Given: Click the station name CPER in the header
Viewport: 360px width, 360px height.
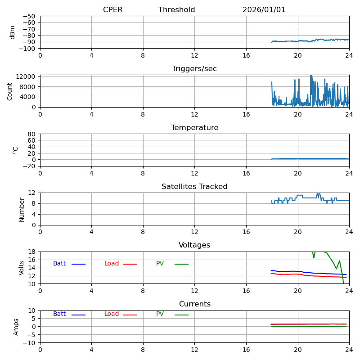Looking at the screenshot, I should tap(112, 10).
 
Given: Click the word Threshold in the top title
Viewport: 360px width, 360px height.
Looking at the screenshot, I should tap(176, 10).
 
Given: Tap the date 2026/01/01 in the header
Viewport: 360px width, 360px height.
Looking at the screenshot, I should tap(264, 10).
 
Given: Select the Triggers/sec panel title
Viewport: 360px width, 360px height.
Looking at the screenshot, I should tap(194, 69).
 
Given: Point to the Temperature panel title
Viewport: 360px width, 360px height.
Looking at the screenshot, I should tap(194, 128).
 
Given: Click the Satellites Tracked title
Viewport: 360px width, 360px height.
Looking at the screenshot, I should tap(194, 187).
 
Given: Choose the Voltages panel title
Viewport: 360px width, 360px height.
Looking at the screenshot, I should tap(194, 245).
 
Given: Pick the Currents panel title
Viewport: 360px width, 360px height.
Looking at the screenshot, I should tap(194, 304).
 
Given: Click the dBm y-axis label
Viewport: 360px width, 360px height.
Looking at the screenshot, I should tap(13, 32).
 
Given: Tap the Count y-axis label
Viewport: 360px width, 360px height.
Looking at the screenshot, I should tap(10, 91).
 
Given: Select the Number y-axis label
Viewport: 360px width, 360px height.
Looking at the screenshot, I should tap(22, 209).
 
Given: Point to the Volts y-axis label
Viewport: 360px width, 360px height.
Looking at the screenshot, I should tap(22, 268).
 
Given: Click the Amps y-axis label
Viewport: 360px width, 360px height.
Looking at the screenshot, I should tap(16, 327).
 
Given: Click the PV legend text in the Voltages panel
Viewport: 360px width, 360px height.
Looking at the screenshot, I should tap(160, 264).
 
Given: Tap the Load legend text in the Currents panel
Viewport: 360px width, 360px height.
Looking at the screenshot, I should tap(112, 314).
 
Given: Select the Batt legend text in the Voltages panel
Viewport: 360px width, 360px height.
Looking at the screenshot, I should tap(59, 264).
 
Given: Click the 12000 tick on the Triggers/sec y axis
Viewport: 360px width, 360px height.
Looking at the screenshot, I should tap(26, 76).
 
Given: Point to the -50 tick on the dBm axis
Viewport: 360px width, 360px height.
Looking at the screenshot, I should tap(29, 16).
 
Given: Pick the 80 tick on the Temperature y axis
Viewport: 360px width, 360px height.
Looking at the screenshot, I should tap(32, 134).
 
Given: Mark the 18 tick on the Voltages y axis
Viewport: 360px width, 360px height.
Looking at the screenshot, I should tap(32, 252).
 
